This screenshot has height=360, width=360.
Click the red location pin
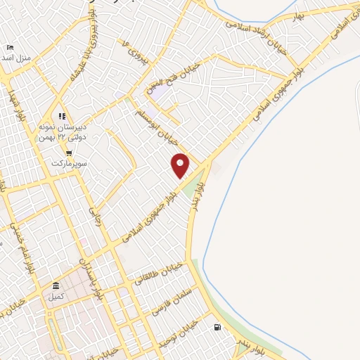coord(181,165)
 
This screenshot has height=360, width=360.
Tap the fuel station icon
coord(217,327)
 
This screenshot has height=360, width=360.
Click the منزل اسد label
coord(17,57)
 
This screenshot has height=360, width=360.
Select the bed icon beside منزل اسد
coord(10,47)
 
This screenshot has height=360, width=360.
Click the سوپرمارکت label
coord(68,163)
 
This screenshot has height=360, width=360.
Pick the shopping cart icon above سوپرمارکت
coord(69,153)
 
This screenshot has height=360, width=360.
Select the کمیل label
coord(56,296)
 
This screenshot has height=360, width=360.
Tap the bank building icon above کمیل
coord(56,285)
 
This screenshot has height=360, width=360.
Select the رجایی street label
coord(93,213)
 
